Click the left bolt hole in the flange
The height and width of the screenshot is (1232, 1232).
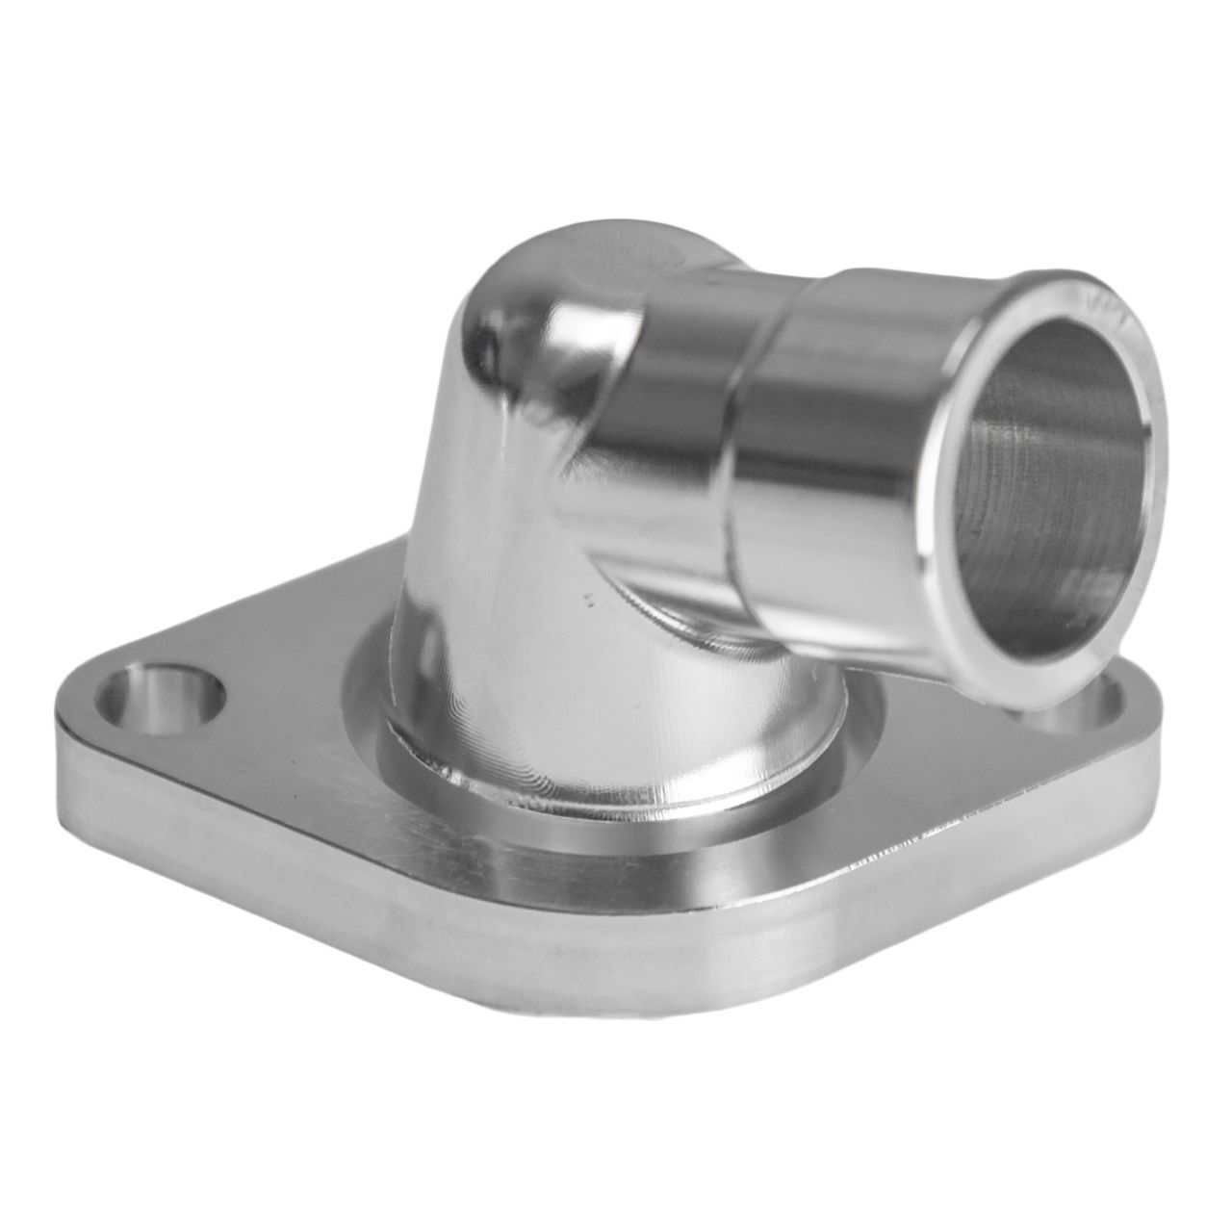[x=162, y=694]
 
